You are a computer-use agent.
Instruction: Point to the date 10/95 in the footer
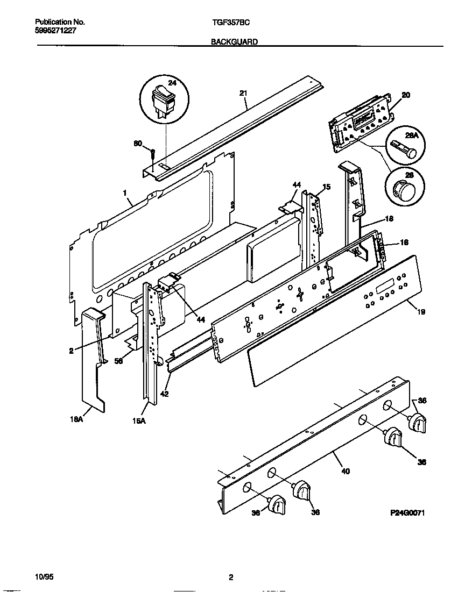point(44,577)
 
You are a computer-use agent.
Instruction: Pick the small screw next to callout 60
point(153,156)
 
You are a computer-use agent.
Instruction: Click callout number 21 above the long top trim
point(243,93)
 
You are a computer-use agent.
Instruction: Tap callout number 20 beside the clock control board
point(406,95)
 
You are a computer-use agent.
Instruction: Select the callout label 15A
point(139,421)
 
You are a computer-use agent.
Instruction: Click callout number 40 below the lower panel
point(345,471)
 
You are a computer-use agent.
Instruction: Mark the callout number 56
point(119,361)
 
